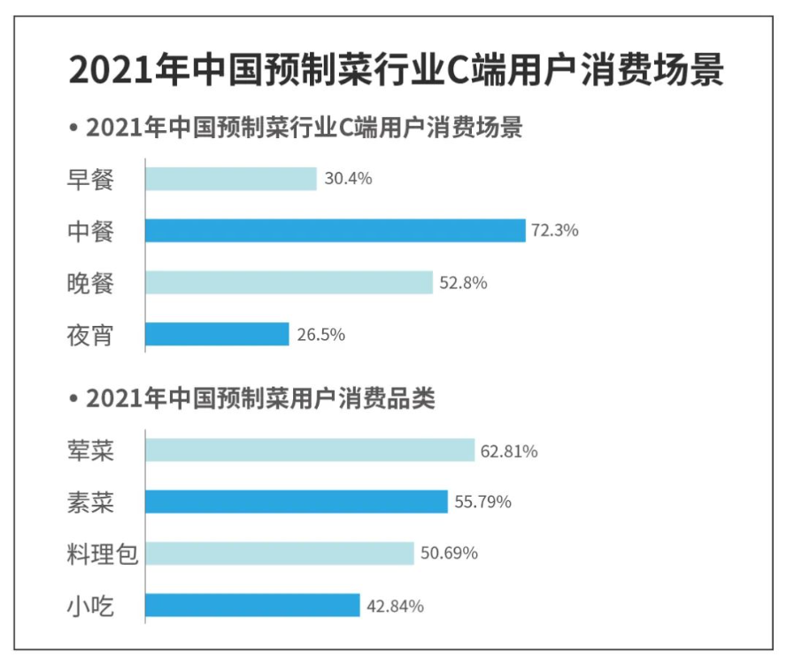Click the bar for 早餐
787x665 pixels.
(x=230, y=179)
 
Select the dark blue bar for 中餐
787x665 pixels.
(x=336, y=230)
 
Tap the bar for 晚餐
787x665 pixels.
(x=289, y=282)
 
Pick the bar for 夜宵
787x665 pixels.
(x=217, y=334)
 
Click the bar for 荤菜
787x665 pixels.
(x=310, y=451)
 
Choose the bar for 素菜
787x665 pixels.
(x=296, y=502)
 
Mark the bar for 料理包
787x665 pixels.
(x=279, y=553)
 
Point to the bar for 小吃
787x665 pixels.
(x=252, y=606)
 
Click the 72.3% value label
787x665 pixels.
(x=554, y=231)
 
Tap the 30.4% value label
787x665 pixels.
(x=348, y=179)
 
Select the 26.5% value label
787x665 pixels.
(x=320, y=335)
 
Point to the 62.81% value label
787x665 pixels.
(x=509, y=452)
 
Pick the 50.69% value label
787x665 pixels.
(x=448, y=554)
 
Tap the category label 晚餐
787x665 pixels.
(x=91, y=282)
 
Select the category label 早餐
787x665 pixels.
(x=91, y=179)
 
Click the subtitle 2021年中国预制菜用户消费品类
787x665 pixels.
(x=260, y=398)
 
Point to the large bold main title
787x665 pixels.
(x=396, y=70)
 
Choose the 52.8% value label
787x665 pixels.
(x=463, y=283)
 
